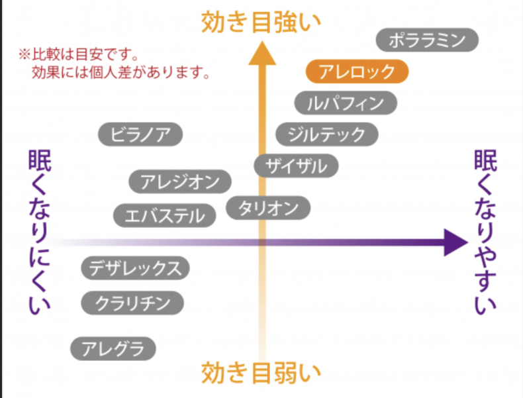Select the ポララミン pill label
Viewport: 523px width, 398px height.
427,40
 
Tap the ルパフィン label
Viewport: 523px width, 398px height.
346,103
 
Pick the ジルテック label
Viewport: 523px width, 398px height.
326,134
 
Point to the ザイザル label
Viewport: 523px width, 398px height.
296,166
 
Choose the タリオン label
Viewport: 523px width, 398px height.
268,208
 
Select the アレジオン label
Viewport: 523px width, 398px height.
180,181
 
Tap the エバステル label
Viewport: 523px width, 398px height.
164,215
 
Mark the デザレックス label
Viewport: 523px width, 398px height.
136,268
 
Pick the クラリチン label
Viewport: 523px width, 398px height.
132,303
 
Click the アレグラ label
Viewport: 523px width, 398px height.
113,348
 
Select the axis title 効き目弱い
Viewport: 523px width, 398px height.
260,372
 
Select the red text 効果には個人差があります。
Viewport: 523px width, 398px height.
120,72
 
